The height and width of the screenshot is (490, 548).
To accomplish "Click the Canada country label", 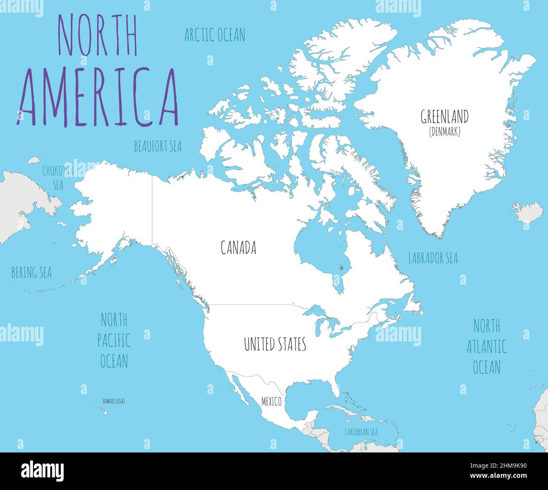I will [x=238, y=248].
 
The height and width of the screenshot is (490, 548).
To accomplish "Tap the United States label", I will [x=275, y=344].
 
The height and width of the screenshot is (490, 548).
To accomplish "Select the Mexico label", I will [x=271, y=401].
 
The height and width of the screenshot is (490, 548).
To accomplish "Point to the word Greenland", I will [x=445, y=117].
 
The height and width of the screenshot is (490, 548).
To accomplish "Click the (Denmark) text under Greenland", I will [x=445, y=132].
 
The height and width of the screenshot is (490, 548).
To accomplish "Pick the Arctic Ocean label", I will [x=215, y=35].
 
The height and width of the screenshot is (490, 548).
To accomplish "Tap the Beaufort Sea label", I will [x=158, y=146].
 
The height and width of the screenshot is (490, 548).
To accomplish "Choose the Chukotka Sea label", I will [x=58, y=177].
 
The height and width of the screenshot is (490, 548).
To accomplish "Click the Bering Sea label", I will [x=31, y=273].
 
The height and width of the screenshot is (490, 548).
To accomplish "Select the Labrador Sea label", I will [x=433, y=258].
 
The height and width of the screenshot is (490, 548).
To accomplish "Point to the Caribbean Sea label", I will [x=361, y=432].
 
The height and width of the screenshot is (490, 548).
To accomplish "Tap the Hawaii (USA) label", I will [x=113, y=401].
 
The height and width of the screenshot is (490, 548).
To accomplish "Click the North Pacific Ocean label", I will [x=114, y=340].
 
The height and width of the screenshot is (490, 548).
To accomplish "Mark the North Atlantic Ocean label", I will [x=486, y=347].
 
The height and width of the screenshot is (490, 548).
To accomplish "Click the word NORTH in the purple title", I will [x=97, y=36].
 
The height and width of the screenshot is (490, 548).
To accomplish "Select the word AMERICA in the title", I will [x=97, y=97].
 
